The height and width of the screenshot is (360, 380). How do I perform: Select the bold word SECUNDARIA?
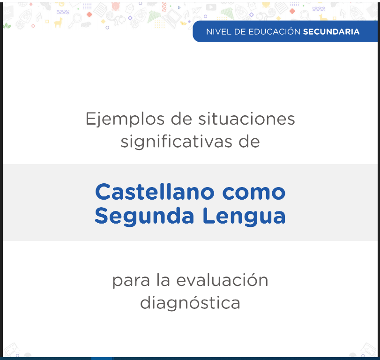[x=331, y=32]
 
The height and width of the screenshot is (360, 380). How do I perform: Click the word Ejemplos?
[x=125, y=119]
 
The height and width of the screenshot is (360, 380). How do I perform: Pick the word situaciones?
[x=246, y=119]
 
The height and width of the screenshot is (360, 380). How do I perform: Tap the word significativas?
[x=177, y=142]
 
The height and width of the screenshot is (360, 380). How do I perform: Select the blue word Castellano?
[x=155, y=192]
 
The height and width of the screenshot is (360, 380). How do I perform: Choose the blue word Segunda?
[x=144, y=216]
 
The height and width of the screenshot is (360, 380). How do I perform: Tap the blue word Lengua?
[x=244, y=216]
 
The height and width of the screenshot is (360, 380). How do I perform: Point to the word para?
[x=131, y=281]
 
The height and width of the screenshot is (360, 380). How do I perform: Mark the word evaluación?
[x=222, y=279]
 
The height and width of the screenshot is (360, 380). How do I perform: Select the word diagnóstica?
[x=190, y=303]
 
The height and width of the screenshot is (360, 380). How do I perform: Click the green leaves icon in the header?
[x=7, y=26]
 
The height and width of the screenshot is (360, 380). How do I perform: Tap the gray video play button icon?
[x=211, y=7]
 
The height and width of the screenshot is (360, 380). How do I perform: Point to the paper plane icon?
[x=196, y=10]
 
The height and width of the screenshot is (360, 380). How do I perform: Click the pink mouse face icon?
[x=116, y=7]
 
